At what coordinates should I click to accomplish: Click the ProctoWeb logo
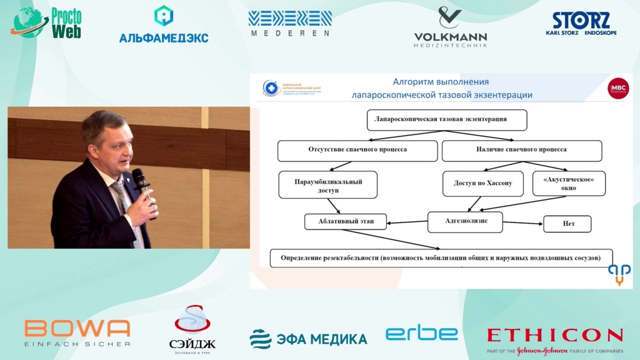46,24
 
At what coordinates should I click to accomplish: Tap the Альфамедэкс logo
164,25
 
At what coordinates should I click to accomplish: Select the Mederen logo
290,24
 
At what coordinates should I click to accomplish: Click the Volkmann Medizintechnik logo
450,27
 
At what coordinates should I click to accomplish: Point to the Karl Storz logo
581,24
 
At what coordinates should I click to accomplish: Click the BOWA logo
77,332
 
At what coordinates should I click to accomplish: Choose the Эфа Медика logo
308,339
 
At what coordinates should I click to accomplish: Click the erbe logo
421,333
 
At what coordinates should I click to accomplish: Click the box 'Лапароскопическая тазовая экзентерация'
446,119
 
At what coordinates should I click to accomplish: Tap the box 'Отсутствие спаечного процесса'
357,151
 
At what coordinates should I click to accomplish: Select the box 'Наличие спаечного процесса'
522,151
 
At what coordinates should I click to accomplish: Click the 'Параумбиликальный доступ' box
328,184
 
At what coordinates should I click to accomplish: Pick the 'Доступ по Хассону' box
482,184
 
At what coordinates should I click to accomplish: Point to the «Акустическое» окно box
569,183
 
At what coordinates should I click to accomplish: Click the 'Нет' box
567,224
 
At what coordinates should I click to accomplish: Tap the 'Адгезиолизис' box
465,222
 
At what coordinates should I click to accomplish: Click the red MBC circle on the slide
618,88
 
